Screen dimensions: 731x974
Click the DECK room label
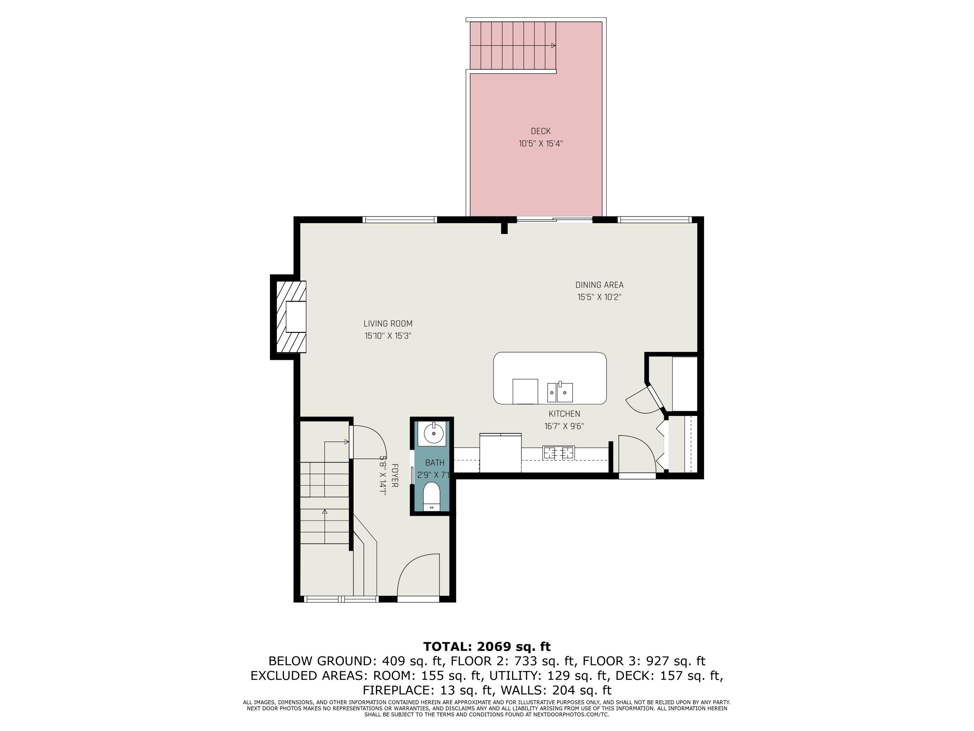540,131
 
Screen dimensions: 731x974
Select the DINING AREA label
599,285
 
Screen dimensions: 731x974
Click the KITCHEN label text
564,414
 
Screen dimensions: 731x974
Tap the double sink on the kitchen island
560,392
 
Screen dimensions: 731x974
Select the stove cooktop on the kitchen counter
558,453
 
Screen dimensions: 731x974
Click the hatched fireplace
291,317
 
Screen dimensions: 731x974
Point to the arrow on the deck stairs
553,46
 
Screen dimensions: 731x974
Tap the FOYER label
394,475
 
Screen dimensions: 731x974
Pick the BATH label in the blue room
435,463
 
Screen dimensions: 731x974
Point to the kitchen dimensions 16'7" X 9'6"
564,426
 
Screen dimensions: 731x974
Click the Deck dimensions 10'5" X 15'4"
540,143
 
